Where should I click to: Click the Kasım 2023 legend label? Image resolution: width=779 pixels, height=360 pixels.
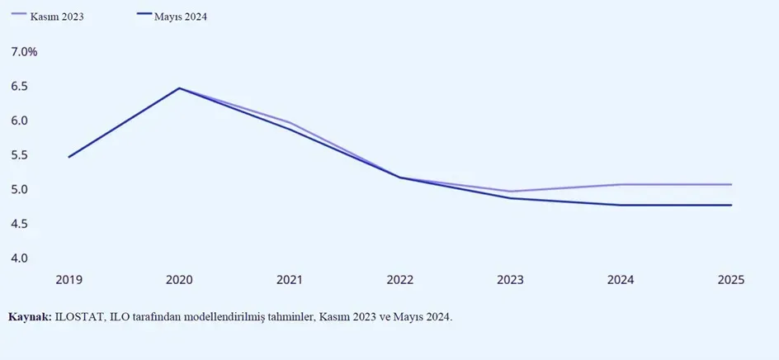tap(59, 16)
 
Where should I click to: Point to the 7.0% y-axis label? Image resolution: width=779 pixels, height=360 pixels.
tap(24, 52)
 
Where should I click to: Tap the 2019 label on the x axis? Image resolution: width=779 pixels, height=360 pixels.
tap(68, 280)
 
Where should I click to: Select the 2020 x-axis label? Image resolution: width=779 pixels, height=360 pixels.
tap(179, 280)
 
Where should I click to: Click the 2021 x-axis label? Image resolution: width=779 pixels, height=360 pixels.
tap(290, 280)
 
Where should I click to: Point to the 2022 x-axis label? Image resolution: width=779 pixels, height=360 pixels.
tap(400, 280)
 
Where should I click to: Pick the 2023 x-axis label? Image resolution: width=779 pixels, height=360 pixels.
tap(510, 280)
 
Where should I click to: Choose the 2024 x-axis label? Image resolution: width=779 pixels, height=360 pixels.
tap(621, 280)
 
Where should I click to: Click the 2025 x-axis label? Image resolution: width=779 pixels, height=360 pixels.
tap(730, 280)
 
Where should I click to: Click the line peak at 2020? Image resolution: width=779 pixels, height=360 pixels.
tap(179, 88)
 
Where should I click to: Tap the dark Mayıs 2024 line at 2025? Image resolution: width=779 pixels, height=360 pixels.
tap(730, 205)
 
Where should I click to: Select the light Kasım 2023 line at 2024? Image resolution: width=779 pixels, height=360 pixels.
tap(621, 184)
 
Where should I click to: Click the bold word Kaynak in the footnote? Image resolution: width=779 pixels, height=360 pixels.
tap(30, 316)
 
